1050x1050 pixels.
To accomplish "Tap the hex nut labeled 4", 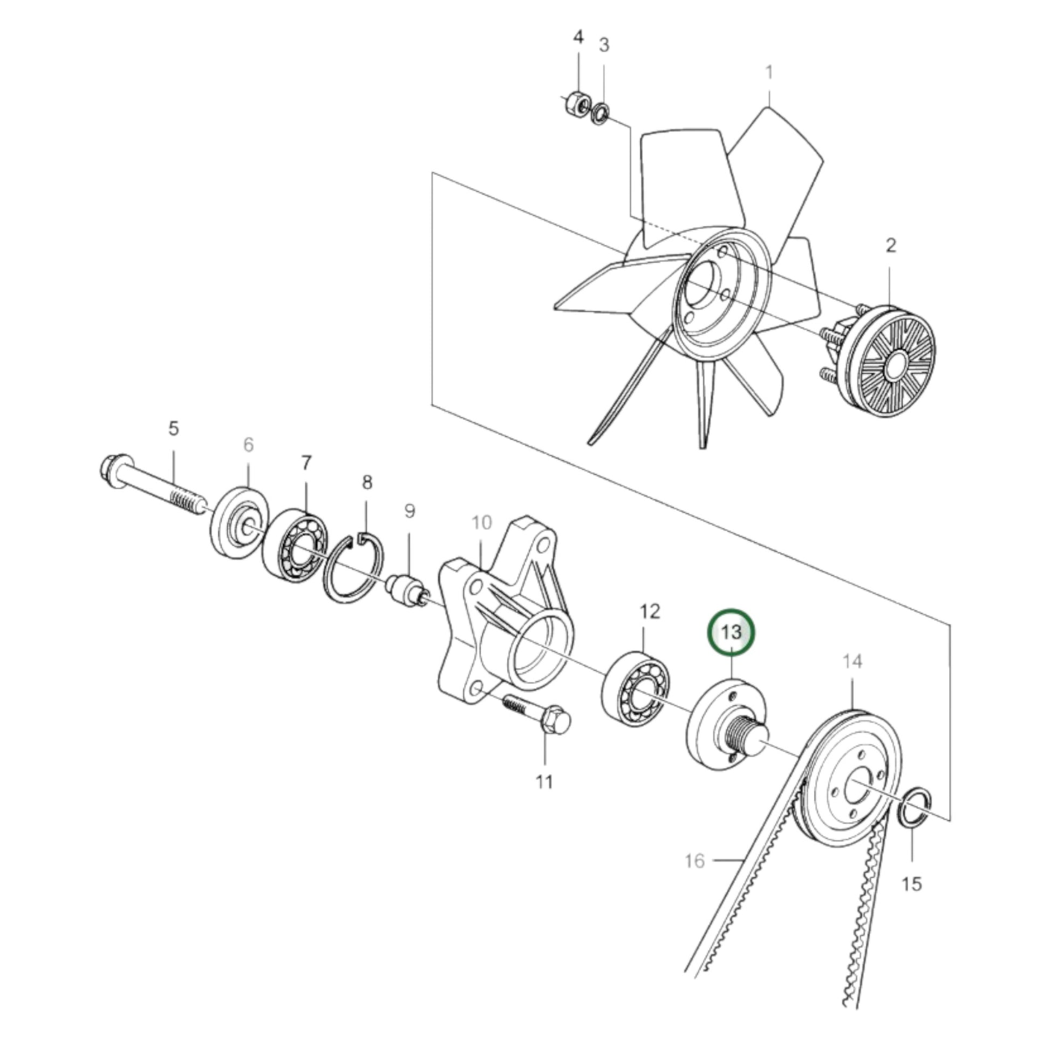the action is click(x=578, y=102).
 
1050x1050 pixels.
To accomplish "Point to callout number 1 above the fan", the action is click(x=769, y=72).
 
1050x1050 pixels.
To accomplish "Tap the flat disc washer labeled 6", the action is click(x=240, y=521).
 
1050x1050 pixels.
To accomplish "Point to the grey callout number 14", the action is click(x=853, y=662).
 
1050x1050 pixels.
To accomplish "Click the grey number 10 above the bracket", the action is click(x=481, y=523).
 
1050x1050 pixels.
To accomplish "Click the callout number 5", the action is click(x=173, y=428).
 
